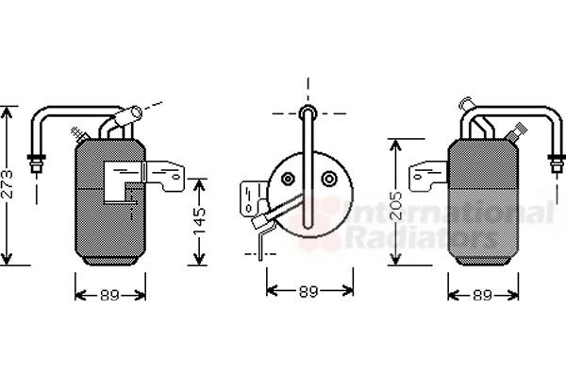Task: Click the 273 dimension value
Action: point(8,184)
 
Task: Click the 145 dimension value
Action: point(199,221)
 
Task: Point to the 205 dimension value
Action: point(396,205)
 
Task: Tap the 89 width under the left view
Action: point(109,296)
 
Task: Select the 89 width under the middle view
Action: point(308,291)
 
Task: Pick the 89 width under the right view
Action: point(483,296)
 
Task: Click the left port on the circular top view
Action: point(288,179)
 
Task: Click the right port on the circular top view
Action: point(329,179)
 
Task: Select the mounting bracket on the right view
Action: point(428,176)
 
